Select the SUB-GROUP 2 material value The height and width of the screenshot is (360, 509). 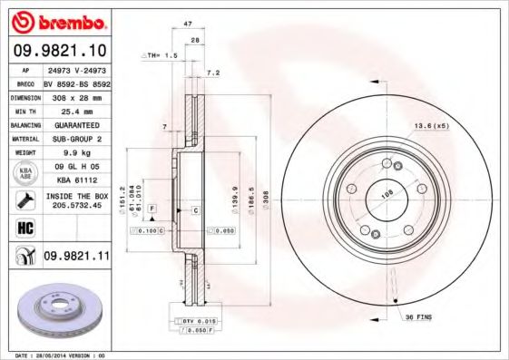(x=76, y=139)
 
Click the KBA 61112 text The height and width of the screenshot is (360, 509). (x=76, y=180)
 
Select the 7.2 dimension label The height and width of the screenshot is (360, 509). (x=214, y=73)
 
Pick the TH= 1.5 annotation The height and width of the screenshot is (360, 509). (x=162, y=56)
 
